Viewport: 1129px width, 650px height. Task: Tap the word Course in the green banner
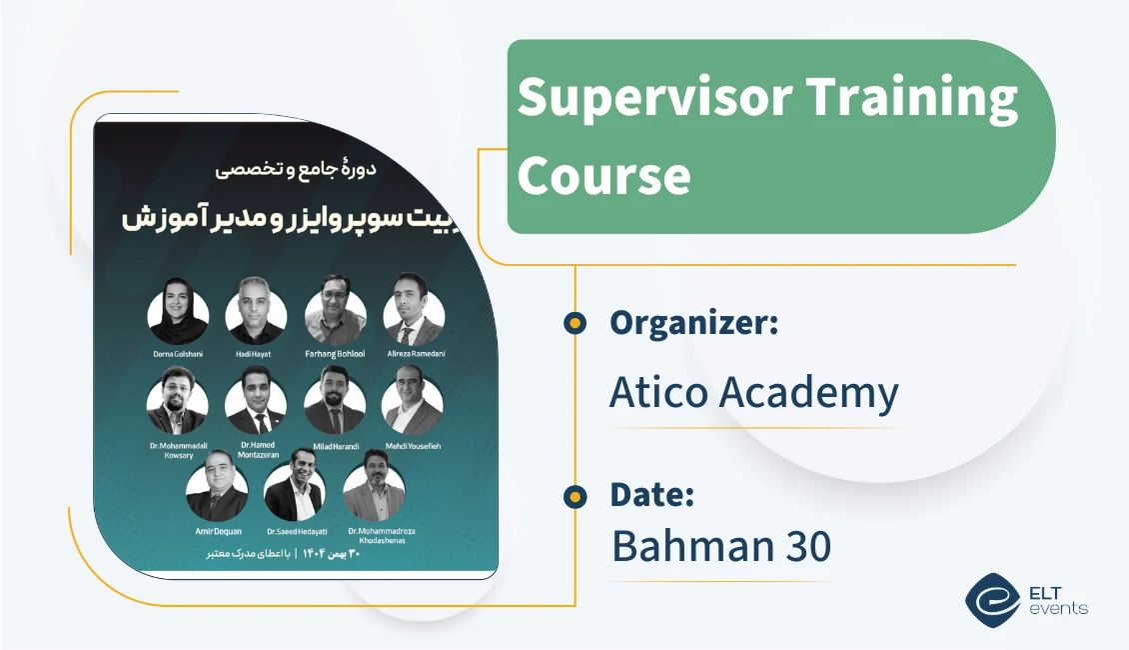pos(603,174)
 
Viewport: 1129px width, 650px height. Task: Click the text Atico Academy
pos(753,393)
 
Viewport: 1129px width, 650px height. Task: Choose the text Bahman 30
pos(720,546)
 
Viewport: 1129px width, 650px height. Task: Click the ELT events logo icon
pos(992,599)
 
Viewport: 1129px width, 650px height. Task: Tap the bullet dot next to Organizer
pos(574,322)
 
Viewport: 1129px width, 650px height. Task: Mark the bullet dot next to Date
pos(574,495)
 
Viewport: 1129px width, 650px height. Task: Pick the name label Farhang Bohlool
pos(334,354)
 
